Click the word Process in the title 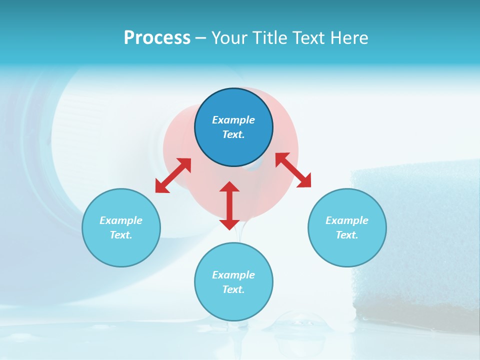click(157, 38)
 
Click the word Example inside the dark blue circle click(233, 120)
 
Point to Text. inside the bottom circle click(233, 289)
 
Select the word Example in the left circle click(121, 220)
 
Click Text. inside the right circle click(347, 235)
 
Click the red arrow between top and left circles click(173, 175)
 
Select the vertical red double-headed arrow click(229, 205)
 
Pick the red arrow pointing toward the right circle click(293, 170)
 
